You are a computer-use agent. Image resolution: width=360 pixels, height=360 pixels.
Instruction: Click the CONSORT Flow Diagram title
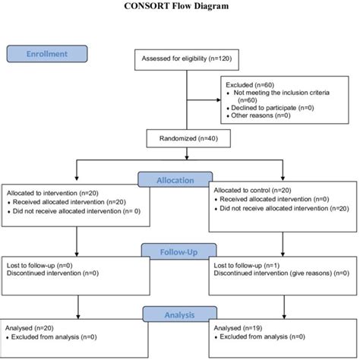point(179,7)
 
